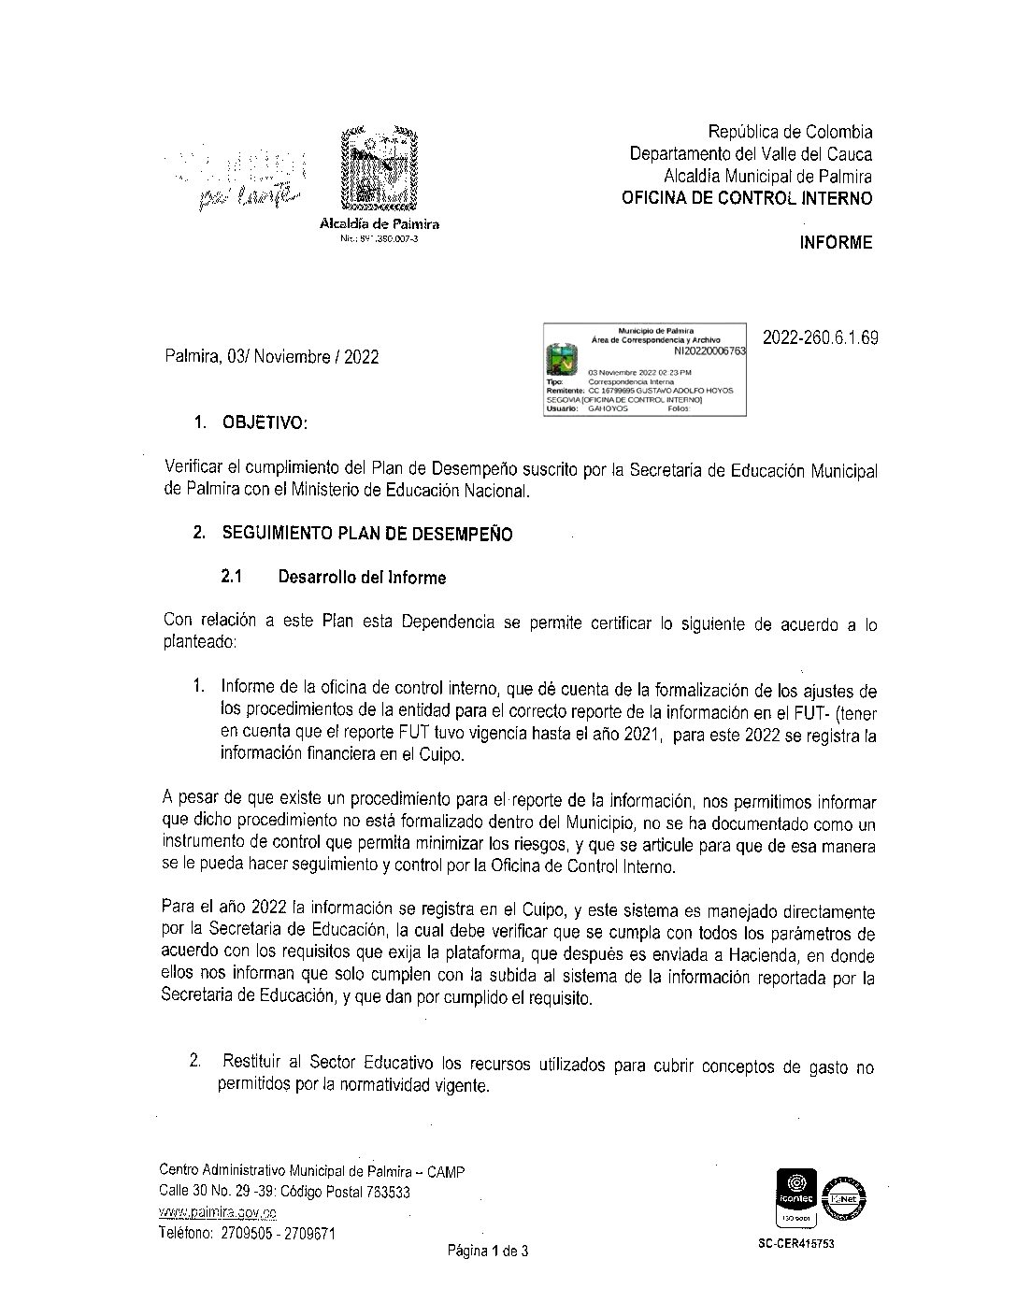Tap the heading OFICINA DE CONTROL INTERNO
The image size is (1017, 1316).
click(747, 198)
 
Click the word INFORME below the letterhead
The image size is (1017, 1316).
click(836, 243)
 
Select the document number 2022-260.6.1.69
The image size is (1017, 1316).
click(821, 338)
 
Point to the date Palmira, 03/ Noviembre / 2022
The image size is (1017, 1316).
click(271, 356)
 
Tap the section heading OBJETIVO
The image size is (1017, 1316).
click(263, 423)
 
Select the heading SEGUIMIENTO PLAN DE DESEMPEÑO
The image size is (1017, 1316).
click(366, 535)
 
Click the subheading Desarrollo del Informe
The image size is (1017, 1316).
click(362, 578)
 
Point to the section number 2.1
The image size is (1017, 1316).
click(232, 578)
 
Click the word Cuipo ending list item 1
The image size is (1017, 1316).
click(439, 754)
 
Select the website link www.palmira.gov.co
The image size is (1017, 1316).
click(218, 1212)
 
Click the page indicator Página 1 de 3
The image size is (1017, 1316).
click(488, 1251)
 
